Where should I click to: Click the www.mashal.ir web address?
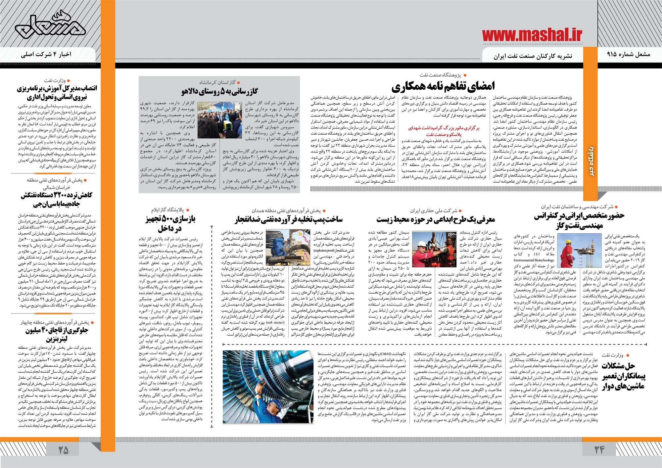[532, 35]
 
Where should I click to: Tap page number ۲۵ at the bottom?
[63, 450]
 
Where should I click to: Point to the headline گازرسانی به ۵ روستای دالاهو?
[219, 91]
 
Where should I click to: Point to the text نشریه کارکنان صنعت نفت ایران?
[533, 56]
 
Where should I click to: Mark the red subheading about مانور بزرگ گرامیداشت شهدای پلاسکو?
[444, 131]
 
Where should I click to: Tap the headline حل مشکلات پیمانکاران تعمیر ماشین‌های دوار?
[622, 376]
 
